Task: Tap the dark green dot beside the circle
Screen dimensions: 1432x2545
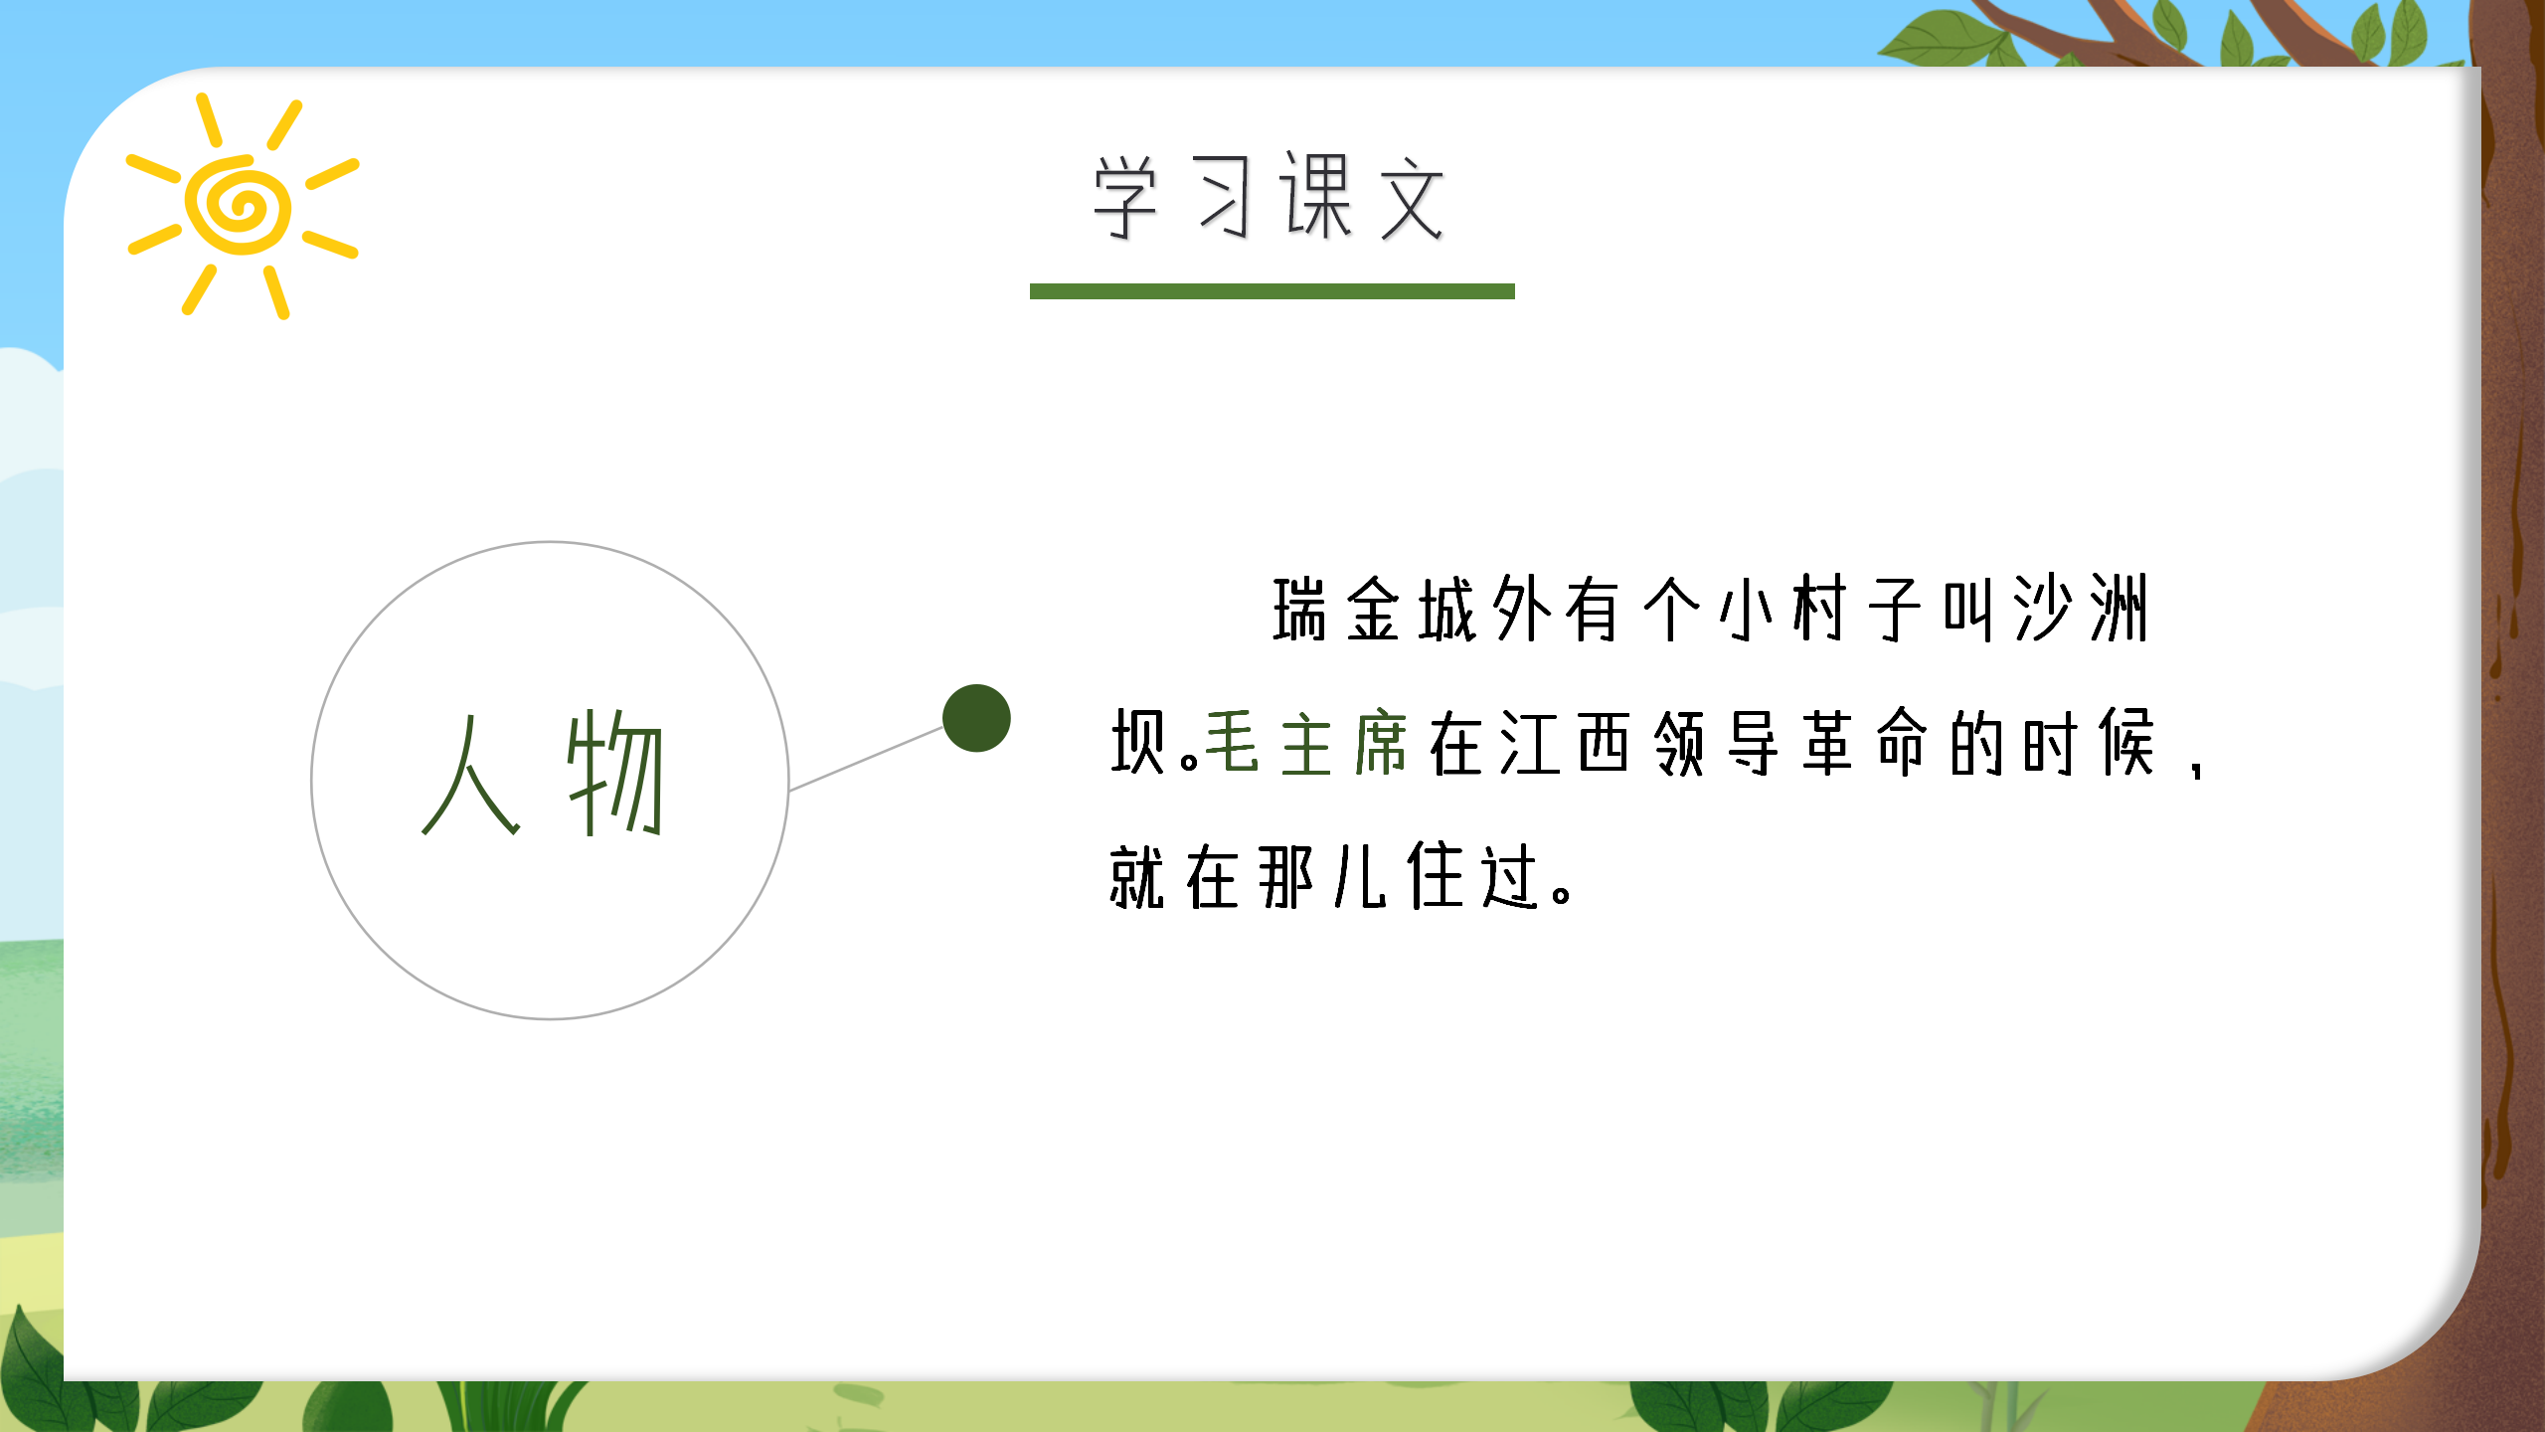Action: click(976, 718)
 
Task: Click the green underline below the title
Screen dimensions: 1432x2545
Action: click(1272, 291)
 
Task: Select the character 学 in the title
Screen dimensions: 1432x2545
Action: click(1126, 198)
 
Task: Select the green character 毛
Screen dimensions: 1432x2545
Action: click(1233, 743)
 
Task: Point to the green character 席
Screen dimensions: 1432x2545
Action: click(1381, 743)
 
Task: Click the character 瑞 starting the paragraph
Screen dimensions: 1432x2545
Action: click(1300, 610)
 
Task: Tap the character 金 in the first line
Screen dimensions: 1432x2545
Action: click(1374, 610)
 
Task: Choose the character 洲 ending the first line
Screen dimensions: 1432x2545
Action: click(2119, 610)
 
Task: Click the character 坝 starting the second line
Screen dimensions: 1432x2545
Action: click(1139, 743)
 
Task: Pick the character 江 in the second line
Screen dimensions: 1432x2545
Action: click(1529, 743)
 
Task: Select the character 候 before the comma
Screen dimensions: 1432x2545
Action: click(2125, 743)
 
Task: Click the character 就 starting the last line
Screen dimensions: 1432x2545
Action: click(1137, 877)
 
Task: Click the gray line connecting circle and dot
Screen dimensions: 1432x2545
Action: click(866, 759)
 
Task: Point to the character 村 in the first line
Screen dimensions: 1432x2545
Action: click(1821, 610)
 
